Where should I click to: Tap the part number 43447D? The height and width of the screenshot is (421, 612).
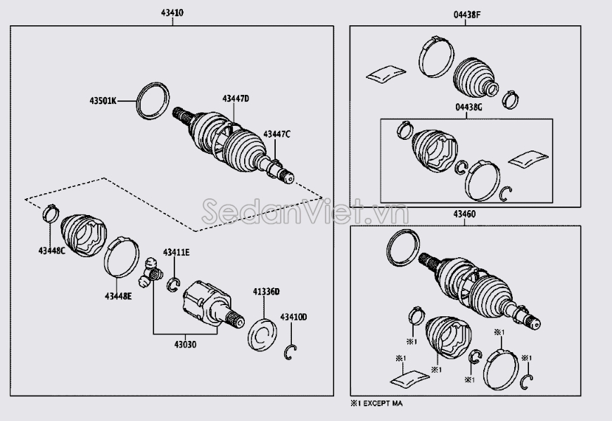tap(236, 98)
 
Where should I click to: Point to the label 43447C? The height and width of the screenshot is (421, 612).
tap(276, 134)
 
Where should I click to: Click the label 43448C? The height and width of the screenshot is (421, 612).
tap(52, 250)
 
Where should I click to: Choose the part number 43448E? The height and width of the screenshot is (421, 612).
tap(118, 296)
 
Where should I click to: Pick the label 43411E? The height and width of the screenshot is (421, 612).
tap(177, 252)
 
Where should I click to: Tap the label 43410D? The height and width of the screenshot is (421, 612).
tap(293, 317)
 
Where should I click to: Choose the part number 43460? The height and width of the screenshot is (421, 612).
tap(466, 214)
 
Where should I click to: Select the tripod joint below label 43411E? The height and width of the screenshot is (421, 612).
tap(151, 273)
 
